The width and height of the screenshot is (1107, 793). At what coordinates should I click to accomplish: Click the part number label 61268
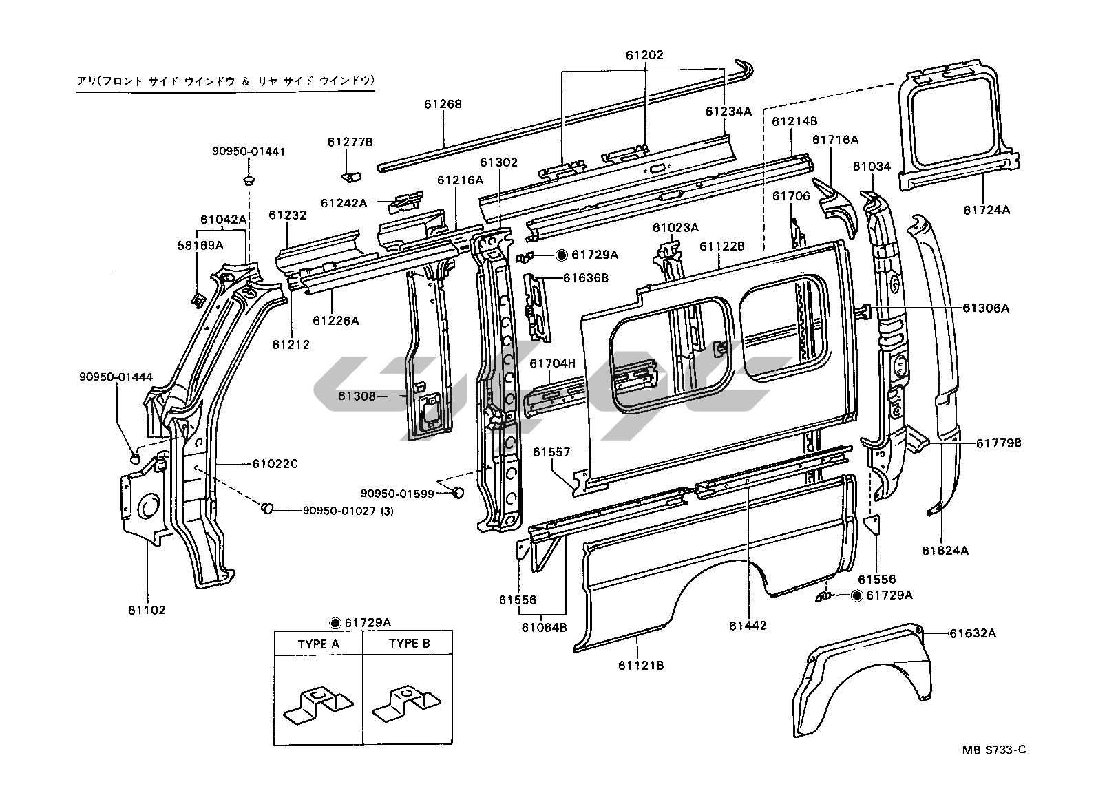[x=443, y=105]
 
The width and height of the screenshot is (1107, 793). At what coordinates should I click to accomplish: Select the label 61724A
[x=986, y=210]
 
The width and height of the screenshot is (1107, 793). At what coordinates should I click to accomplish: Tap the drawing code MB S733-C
[x=993, y=750]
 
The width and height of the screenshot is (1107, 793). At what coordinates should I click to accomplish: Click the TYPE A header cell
[x=318, y=644]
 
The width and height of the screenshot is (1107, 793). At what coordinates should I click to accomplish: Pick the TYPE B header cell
[x=409, y=644]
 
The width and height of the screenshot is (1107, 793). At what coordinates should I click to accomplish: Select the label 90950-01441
[x=249, y=151]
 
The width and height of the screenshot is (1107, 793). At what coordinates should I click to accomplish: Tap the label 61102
[x=146, y=610]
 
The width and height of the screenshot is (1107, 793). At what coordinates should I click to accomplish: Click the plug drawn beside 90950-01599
[x=458, y=493]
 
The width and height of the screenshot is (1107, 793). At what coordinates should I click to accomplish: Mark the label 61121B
[x=640, y=665]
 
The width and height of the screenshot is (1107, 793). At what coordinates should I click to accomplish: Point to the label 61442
[x=748, y=626]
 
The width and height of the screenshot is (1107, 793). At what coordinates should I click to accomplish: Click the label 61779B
[x=998, y=443]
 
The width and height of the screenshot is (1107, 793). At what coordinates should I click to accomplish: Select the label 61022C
[x=275, y=463]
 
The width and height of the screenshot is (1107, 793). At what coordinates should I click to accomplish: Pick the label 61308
[x=357, y=396]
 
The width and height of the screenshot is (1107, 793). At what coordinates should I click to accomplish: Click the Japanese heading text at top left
[x=225, y=81]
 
